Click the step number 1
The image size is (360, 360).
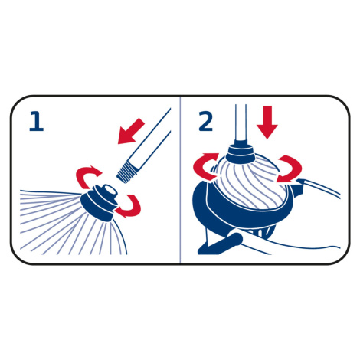pyautogui.click(x=37, y=121)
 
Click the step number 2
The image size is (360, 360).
pyautogui.click(x=206, y=121)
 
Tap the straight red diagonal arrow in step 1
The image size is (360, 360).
pyautogui.click(x=131, y=131)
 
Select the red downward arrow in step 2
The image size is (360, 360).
pyautogui.click(x=267, y=123)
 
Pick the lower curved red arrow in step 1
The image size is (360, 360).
pyautogui.click(x=129, y=206)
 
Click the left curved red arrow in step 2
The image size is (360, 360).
pyautogui.click(x=205, y=166)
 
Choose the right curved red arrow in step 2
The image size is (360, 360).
pyautogui.click(x=289, y=169)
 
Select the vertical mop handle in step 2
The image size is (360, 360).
pyautogui.click(x=241, y=124)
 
